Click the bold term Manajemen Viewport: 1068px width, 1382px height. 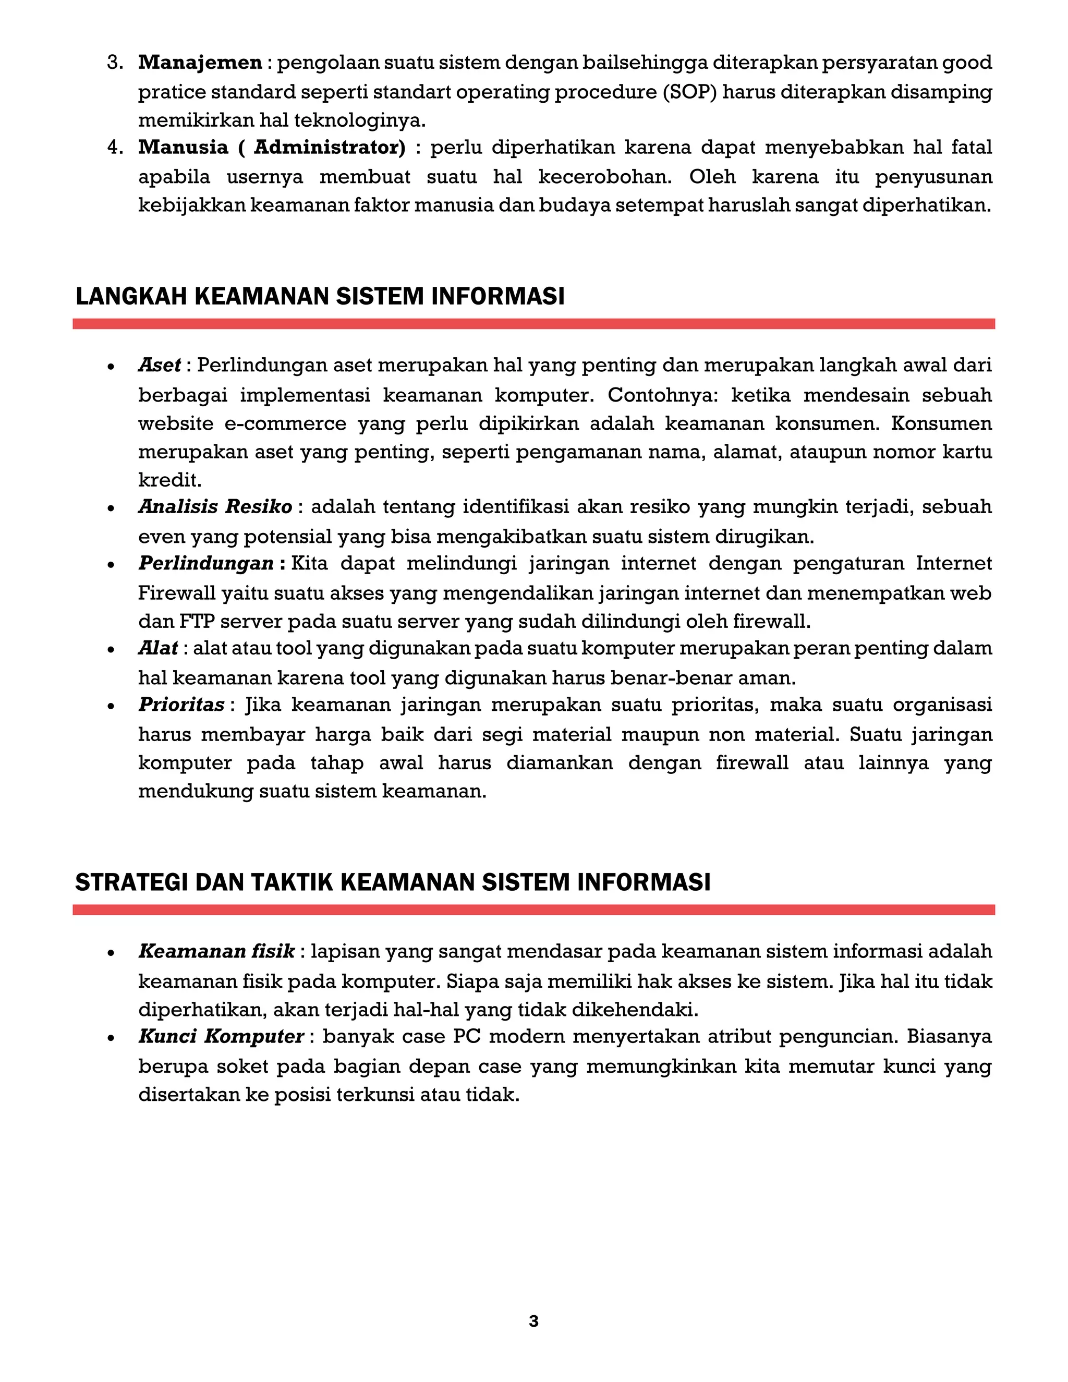click(200, 63)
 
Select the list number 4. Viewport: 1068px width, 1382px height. click(115, 148)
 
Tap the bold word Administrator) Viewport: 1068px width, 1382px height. click(330, 148)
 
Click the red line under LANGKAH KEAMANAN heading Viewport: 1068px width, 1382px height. click(533, 324)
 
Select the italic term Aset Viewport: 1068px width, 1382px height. click(160, 365)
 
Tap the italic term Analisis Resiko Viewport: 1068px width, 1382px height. click(215, 507)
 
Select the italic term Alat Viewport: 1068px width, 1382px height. click(158, 649)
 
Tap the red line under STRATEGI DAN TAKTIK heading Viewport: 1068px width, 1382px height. click(533, 910)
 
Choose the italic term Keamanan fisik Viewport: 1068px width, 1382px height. click(216, 952)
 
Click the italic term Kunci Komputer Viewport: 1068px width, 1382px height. click(221, 1037)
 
